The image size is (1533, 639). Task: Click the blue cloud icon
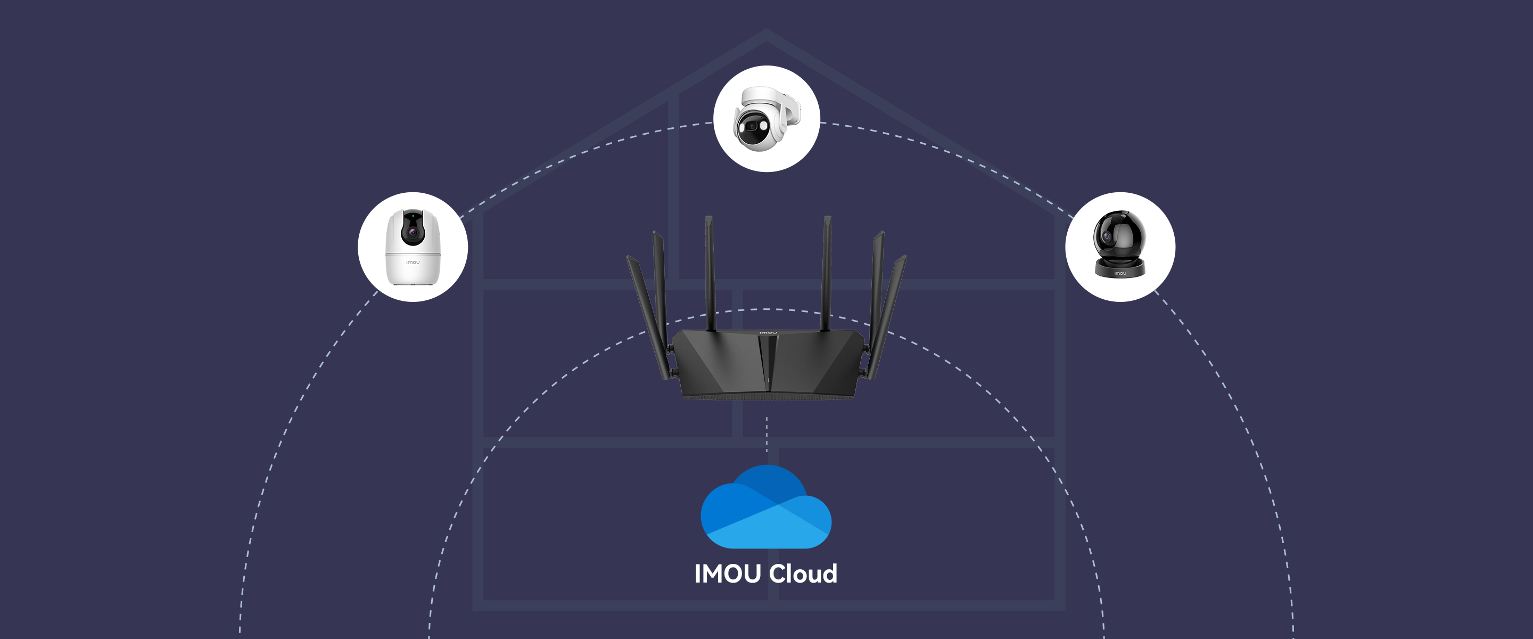[766, 509]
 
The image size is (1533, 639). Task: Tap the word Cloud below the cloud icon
[803, 574]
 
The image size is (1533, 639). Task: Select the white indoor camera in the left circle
[413, 247]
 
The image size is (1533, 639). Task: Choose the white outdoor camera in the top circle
[766, 119]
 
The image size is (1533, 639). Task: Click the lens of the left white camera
[412, 231]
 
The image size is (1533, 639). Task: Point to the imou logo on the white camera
[413, 263]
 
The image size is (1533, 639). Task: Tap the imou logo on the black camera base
[1120, 273]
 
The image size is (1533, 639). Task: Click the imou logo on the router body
[768, 332]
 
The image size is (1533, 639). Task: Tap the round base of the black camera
[1120, 268]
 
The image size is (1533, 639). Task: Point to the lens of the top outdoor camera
[752, 126]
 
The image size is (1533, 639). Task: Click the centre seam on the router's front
[768, 363]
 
